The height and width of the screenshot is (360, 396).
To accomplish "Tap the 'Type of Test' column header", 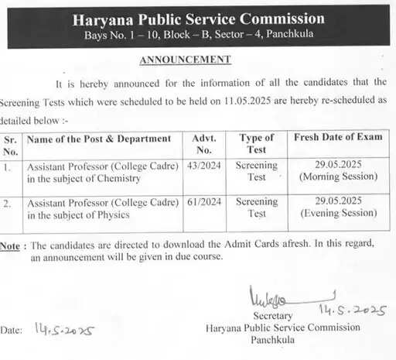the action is point(256,144).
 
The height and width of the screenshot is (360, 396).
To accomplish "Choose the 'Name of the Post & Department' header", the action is point(99,139).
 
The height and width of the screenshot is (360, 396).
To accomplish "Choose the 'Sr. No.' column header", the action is point(11,144).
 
